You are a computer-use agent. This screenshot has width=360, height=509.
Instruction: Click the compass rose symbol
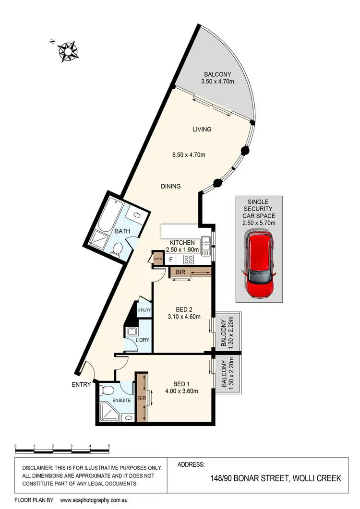coord(68,51)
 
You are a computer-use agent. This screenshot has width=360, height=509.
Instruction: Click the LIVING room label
coord(202,130)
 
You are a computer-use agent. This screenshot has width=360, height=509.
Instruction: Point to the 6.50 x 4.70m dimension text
coord(189,155)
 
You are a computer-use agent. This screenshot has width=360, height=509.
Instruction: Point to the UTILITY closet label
coord(144,310)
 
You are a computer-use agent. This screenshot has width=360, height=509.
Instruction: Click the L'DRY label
coord(142,341)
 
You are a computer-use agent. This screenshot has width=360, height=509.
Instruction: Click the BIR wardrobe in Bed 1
coord(141,397)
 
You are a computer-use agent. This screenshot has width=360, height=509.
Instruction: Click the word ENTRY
coord(81,384)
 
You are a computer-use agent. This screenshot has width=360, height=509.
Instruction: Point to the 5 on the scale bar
coord(109,446)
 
